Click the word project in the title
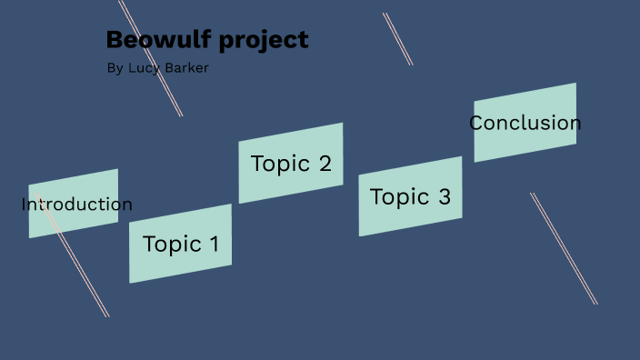(266, 41)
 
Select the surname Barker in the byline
(186, 68)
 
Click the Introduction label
(76, 205)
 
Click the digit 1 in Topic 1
(214, 244)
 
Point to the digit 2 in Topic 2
(325, 164)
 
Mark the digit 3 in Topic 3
(444, 196)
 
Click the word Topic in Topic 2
(280, 164)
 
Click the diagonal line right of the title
(397, 38)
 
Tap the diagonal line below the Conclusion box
(564, 248)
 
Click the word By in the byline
(114, 68)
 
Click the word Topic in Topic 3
(399, 196)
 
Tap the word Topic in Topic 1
(172, 244)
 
